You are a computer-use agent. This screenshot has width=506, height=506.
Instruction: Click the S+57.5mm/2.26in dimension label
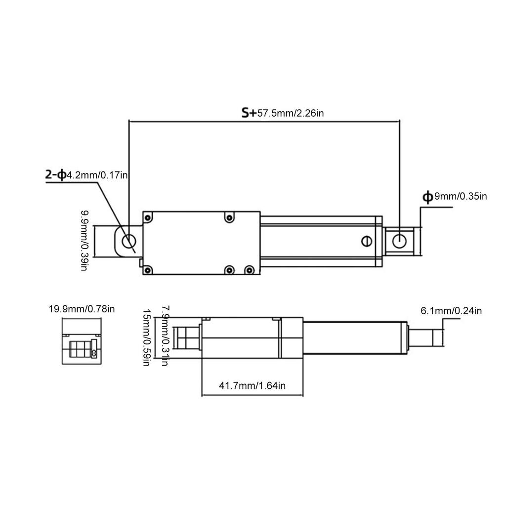(283, 113)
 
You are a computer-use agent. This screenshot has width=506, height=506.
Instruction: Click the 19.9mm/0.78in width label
(82, 310)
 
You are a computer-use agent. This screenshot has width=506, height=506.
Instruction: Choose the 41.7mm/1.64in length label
(252, 386)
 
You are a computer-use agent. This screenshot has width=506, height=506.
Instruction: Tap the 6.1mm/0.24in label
(451, 311)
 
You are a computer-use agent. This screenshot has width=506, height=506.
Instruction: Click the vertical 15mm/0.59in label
(146, 337)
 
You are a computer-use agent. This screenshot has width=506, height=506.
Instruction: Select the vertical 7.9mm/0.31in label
(165, 335)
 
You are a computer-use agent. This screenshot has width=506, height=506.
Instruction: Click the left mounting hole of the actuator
(128, 242)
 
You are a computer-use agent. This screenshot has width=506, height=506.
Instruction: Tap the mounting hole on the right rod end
(399, 241)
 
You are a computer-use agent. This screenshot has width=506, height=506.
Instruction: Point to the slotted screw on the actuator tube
(366, 240)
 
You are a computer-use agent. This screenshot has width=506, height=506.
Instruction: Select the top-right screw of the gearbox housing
(229, 218)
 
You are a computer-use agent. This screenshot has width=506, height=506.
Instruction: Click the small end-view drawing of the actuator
(82, 341)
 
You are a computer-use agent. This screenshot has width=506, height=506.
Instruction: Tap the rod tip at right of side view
(438, 338)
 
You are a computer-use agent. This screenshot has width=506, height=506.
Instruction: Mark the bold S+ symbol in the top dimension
(249, 113)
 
